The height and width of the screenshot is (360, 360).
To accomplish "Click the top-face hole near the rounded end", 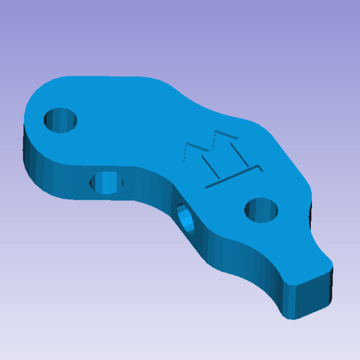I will [61, 119].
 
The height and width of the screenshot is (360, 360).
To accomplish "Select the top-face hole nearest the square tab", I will [262, 209].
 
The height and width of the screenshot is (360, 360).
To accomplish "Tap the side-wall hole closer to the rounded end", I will [106, 182].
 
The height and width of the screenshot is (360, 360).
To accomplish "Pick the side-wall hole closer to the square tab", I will [185, 219].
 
